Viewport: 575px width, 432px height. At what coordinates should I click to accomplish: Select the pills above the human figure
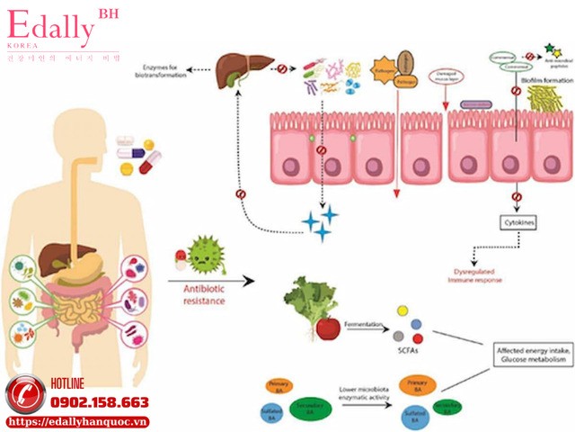click(x=135, y=153)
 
